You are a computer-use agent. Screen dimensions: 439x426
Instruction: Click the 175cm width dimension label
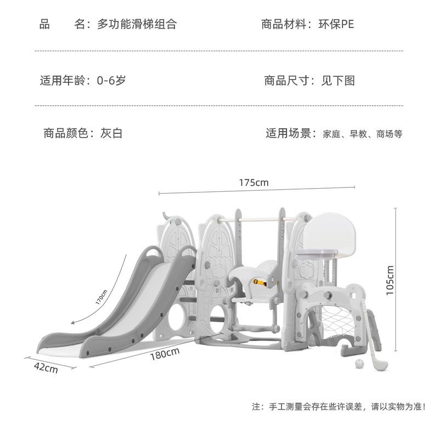[254, 183]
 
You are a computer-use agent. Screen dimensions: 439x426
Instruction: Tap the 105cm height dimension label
[390, 280]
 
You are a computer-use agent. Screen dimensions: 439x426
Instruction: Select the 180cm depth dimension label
[165, 355]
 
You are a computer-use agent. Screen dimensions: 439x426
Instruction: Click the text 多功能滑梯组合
[137, 24]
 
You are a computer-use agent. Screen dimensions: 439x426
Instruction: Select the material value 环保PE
[339, 24]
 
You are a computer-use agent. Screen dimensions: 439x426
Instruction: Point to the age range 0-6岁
[111, 81]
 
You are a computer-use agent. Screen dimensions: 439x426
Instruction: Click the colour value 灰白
[111, 133]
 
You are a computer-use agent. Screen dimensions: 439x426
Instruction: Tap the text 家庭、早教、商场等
[363, 134]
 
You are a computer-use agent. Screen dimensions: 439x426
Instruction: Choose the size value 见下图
[338, 81]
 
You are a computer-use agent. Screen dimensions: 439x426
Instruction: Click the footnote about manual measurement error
[339, 407]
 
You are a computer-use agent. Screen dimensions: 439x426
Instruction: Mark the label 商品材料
[283, 24]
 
